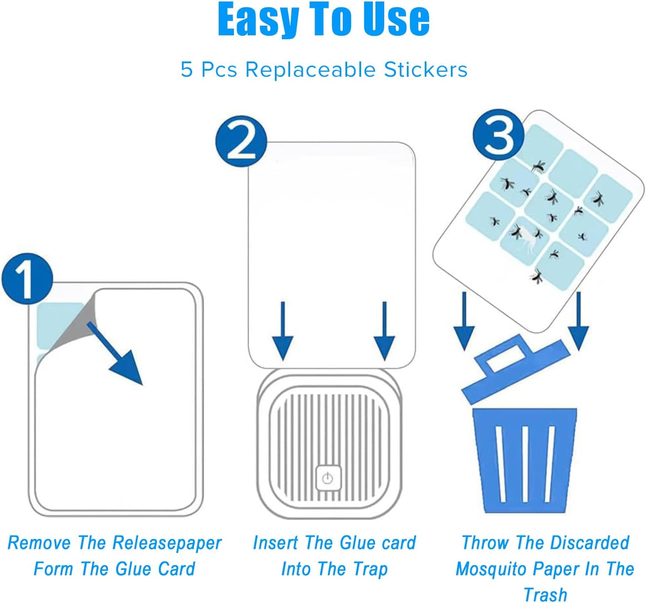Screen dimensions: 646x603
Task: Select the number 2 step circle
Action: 241,141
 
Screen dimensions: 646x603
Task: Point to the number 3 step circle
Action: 498,134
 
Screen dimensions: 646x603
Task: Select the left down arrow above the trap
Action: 283,331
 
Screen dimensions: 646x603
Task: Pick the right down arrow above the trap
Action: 385,331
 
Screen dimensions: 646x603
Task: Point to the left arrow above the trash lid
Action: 464,321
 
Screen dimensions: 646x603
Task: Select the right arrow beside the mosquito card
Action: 578,321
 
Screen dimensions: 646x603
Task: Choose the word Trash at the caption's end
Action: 545,595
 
